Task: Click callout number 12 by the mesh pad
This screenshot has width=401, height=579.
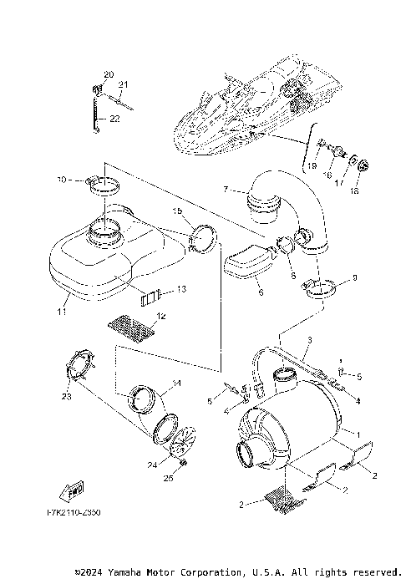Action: [x=162, y=317]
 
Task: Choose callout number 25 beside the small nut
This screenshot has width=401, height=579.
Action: [x=167, y=479]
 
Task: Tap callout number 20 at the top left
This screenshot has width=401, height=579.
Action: [x=108, y=75]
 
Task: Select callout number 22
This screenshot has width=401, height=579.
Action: [x=114, y=119]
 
